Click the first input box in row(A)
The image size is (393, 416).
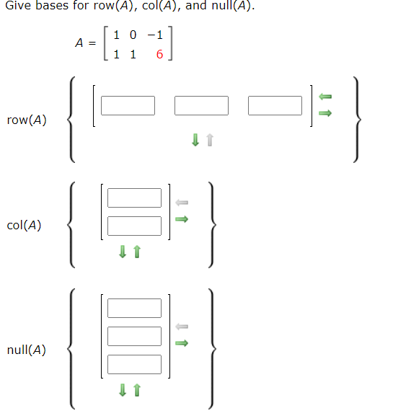(128, 105)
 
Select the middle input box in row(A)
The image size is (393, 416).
(201, 105)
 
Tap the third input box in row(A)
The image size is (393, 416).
(275, 105)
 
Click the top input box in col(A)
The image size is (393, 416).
(135, 198)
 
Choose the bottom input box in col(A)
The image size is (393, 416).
(135, 226)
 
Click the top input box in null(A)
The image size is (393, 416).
(135, 308)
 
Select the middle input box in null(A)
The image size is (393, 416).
(135, 336)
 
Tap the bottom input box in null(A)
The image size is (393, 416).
(135, 364)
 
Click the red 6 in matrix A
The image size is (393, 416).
(159, 55)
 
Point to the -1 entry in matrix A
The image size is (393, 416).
(154, 35)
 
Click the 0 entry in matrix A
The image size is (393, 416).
(133, 35)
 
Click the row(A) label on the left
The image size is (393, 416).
(27, 120)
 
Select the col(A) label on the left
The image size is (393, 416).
(24, 226)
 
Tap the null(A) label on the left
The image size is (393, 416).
(27, 350)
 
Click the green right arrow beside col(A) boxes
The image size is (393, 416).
(182, 219)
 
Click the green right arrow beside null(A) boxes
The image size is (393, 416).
(182, 343)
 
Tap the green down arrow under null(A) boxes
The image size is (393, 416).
(123, 390)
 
